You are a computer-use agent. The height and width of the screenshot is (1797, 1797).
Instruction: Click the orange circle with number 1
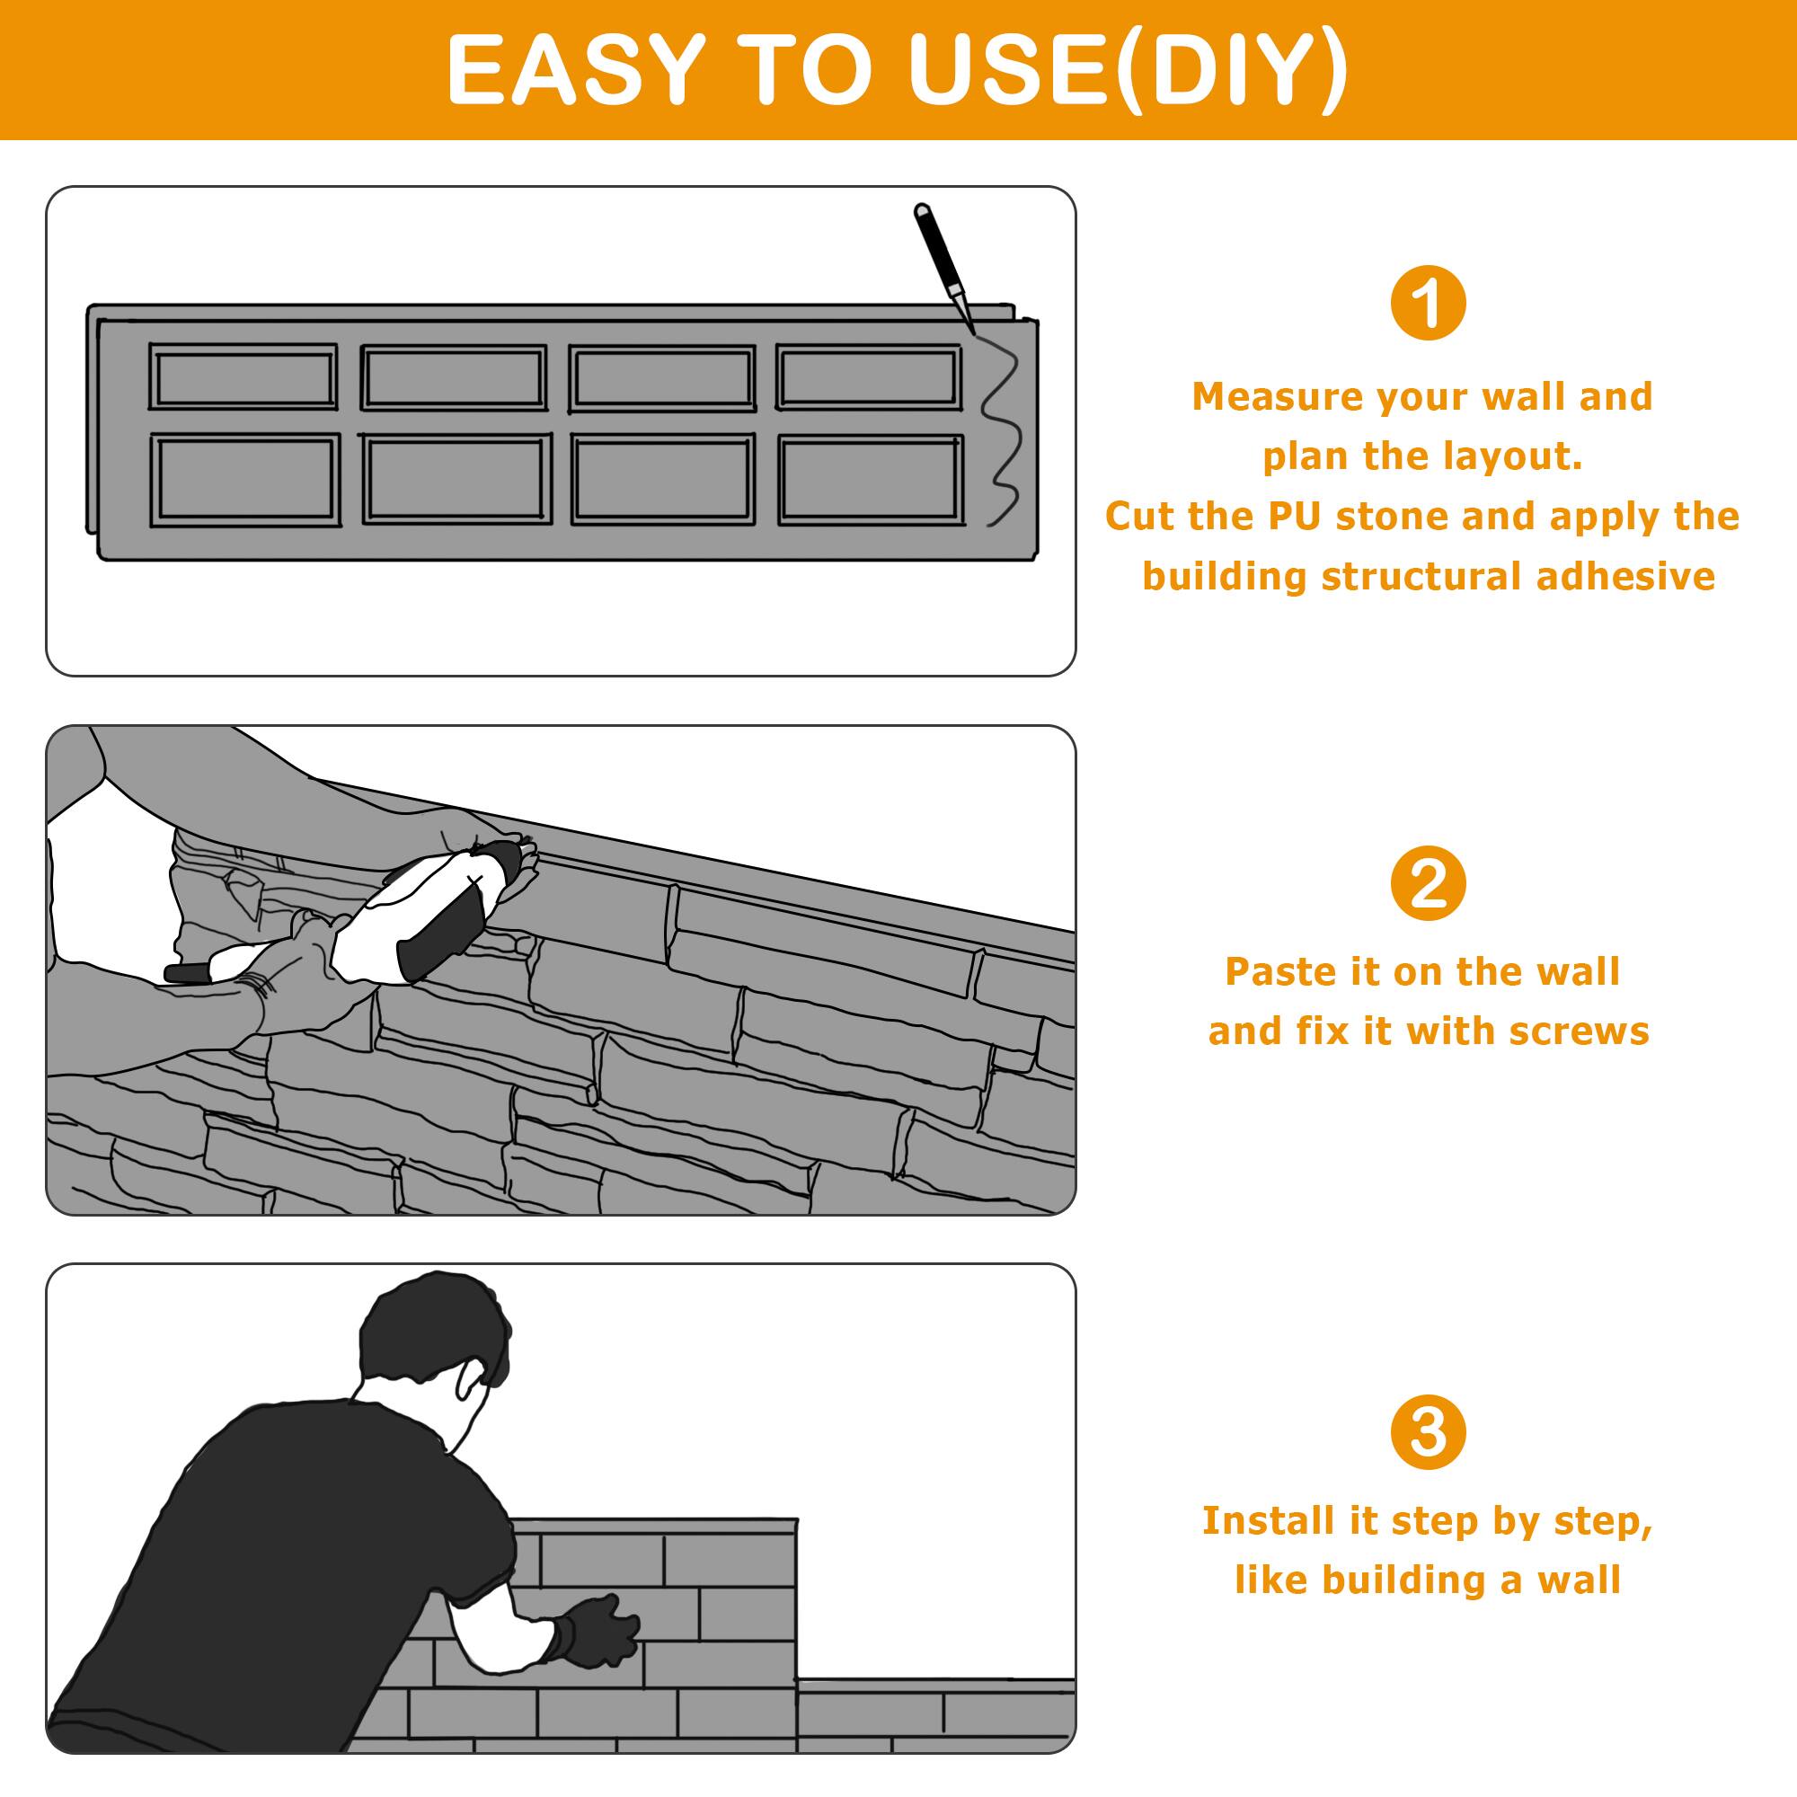click(1428, 303)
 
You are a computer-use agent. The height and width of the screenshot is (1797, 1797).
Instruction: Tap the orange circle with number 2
click(1428, 883)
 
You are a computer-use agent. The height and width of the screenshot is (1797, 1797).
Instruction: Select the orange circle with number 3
click(1428, 1433)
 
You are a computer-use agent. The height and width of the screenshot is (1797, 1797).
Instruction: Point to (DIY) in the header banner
click(1232, 71)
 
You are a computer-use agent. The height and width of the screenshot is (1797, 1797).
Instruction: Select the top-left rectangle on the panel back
click(243, 376)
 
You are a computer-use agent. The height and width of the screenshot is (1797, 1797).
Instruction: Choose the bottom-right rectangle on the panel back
click(870, 480)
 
